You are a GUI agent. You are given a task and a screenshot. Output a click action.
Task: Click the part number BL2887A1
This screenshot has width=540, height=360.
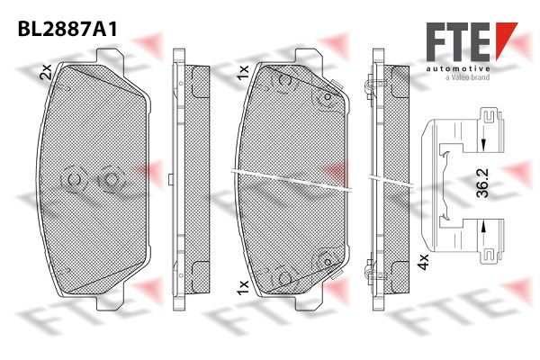click(x=67, y=30)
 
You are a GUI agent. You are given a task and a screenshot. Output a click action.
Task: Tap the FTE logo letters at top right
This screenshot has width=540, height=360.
click(x=458, y=41)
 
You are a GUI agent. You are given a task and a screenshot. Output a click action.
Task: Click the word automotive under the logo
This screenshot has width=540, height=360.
click(x=458, y=69)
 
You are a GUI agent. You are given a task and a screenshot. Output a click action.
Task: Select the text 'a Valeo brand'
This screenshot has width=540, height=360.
click(x=468, y=77)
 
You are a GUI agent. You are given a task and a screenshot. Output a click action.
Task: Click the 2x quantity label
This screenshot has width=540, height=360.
click(x=46, y=72)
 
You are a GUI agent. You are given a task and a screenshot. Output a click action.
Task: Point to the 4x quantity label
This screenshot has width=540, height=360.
click(x=423, y=262)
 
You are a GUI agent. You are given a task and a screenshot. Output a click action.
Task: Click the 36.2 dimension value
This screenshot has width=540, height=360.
click(x=482, y=183)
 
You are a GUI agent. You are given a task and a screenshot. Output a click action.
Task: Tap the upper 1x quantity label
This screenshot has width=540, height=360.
click(x=243, y=72)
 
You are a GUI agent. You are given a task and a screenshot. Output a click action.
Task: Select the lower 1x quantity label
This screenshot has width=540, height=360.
click(x=243, y=288)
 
